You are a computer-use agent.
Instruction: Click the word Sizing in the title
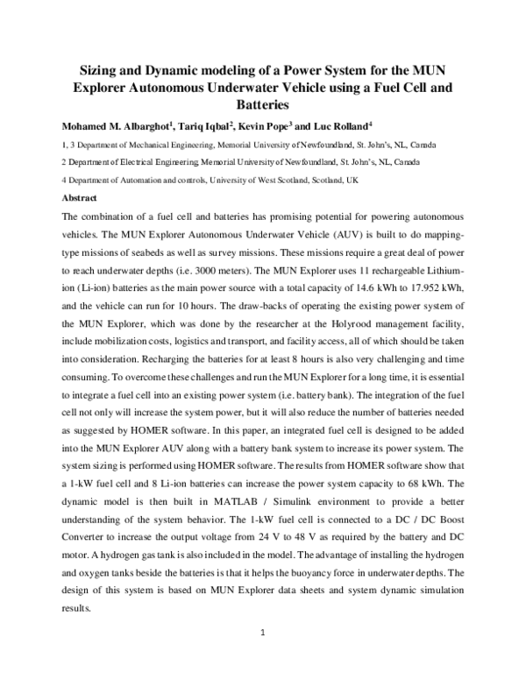[x=91, y=71]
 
